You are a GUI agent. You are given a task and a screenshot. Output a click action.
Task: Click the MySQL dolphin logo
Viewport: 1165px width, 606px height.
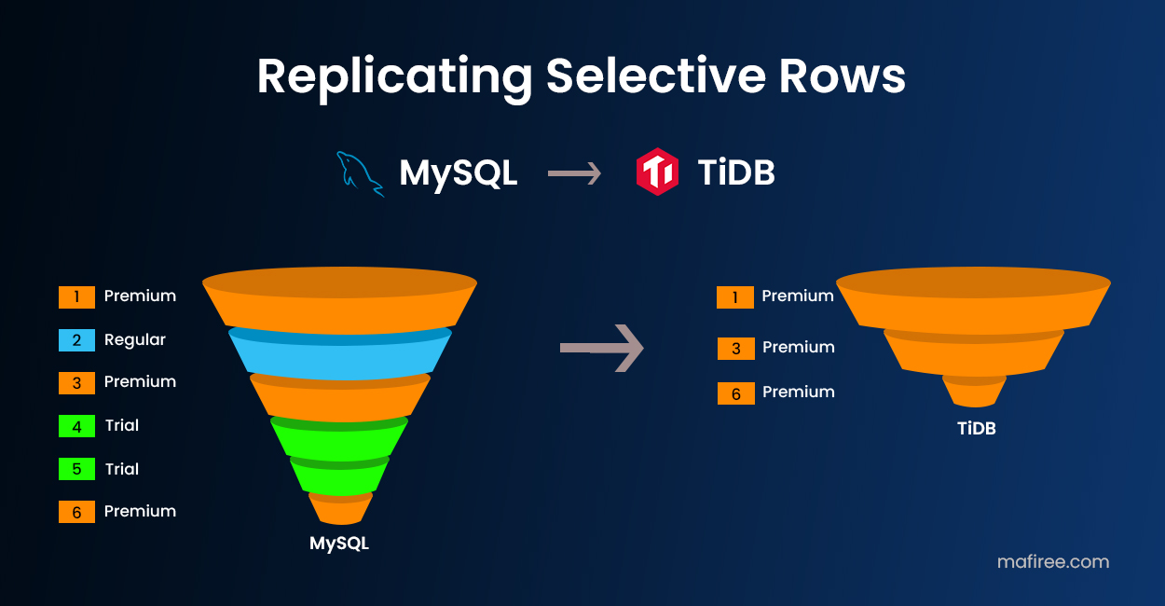point(360,173)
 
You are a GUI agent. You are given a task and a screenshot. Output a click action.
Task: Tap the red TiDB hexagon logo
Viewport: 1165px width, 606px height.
point(657,172)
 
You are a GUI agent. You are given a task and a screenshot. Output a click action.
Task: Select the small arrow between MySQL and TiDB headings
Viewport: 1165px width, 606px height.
point(574,173)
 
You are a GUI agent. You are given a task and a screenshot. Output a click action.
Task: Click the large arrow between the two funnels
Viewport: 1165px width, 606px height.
point(602,348)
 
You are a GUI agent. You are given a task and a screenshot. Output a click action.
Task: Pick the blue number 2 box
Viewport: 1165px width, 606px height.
point(76,340)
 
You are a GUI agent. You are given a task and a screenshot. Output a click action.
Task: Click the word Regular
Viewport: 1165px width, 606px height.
point(135,340)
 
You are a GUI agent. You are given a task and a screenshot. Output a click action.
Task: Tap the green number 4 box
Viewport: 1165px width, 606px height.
point(76,426)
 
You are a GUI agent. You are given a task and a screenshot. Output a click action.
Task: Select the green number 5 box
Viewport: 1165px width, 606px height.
point(76,469)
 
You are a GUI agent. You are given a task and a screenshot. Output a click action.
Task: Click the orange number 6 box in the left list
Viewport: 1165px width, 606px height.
point(76,512)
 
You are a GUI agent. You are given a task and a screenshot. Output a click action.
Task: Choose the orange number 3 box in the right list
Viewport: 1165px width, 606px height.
point(735,348)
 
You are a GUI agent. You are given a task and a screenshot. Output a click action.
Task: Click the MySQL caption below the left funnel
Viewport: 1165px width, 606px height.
point(339,543)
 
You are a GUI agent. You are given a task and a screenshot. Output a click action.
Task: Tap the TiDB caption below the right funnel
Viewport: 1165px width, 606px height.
point(976,429)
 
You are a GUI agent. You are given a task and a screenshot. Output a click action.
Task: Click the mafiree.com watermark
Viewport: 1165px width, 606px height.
point(1053,561)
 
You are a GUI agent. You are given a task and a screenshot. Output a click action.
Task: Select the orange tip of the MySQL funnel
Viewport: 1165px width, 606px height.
point(341,511)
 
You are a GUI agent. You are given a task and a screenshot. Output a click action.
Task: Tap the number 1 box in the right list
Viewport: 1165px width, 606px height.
point(735,296)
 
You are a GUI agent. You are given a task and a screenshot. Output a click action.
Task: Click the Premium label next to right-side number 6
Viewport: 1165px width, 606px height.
point(799,393)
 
